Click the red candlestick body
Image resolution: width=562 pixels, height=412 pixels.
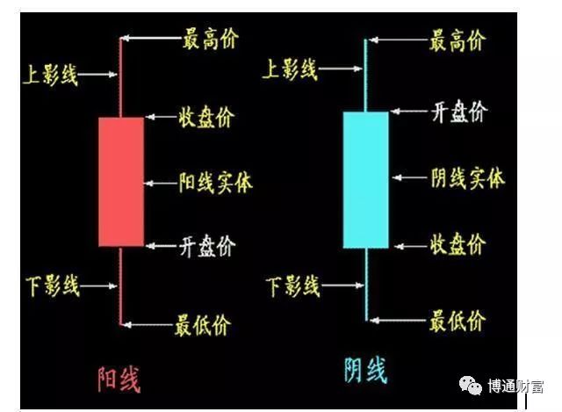click(121, 182)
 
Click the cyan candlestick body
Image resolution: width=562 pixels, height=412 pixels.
click(365, 179)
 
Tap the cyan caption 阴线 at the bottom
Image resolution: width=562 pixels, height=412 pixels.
click(364, 370)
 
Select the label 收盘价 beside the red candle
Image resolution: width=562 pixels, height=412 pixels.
click(206, 117)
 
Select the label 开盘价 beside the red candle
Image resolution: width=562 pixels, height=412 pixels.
click(206, 246)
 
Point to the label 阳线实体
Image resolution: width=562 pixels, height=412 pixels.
click(215, 182)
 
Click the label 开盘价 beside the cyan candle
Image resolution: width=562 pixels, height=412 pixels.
click(457, 111)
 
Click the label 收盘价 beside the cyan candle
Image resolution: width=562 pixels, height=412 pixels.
click(457, 244)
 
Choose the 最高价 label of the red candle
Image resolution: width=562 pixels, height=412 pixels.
click(210, 39)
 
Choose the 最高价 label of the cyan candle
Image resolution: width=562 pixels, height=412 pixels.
click(457, 39)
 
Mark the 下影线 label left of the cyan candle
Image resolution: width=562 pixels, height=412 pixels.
click(293, 286)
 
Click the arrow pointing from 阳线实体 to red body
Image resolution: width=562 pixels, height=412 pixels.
click(160, 183)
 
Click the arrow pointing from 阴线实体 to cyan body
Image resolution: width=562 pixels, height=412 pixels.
click(409, 177)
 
